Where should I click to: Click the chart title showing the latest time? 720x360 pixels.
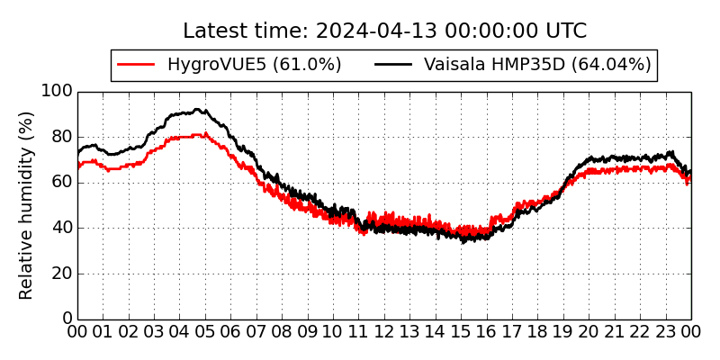click(x=384, y=31)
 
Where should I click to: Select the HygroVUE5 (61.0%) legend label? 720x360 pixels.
click(x=255, y=65)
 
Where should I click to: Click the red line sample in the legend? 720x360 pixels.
click(x=138, y=65)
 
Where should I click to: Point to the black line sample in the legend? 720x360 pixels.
click(x=393, y=65)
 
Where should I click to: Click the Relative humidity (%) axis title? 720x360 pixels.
click(x=26, y=205)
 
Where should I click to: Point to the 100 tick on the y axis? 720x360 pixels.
click(x=57, y=91)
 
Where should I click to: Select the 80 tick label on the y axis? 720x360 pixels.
click(x=61, y=137)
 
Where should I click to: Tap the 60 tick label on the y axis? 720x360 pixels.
click(x=61, y=183)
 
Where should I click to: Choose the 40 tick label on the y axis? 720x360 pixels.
click(x=61, y=228)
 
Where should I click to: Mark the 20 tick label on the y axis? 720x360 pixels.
click(x=61, y=274)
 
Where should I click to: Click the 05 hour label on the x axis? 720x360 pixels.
click(x=205, y=333)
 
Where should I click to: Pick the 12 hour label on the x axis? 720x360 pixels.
click(x=384, y=333)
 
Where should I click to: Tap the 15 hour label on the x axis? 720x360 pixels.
click(x=461, y=333)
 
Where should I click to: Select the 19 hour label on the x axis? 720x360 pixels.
click(x=563, y=333)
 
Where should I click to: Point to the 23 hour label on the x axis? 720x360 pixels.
click(x=666, y=333)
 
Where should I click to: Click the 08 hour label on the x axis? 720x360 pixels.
click(x=282, y=333)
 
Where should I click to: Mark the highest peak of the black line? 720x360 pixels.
click(x=197, y=110)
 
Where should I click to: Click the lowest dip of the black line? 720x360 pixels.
click(x=463, y=242)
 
